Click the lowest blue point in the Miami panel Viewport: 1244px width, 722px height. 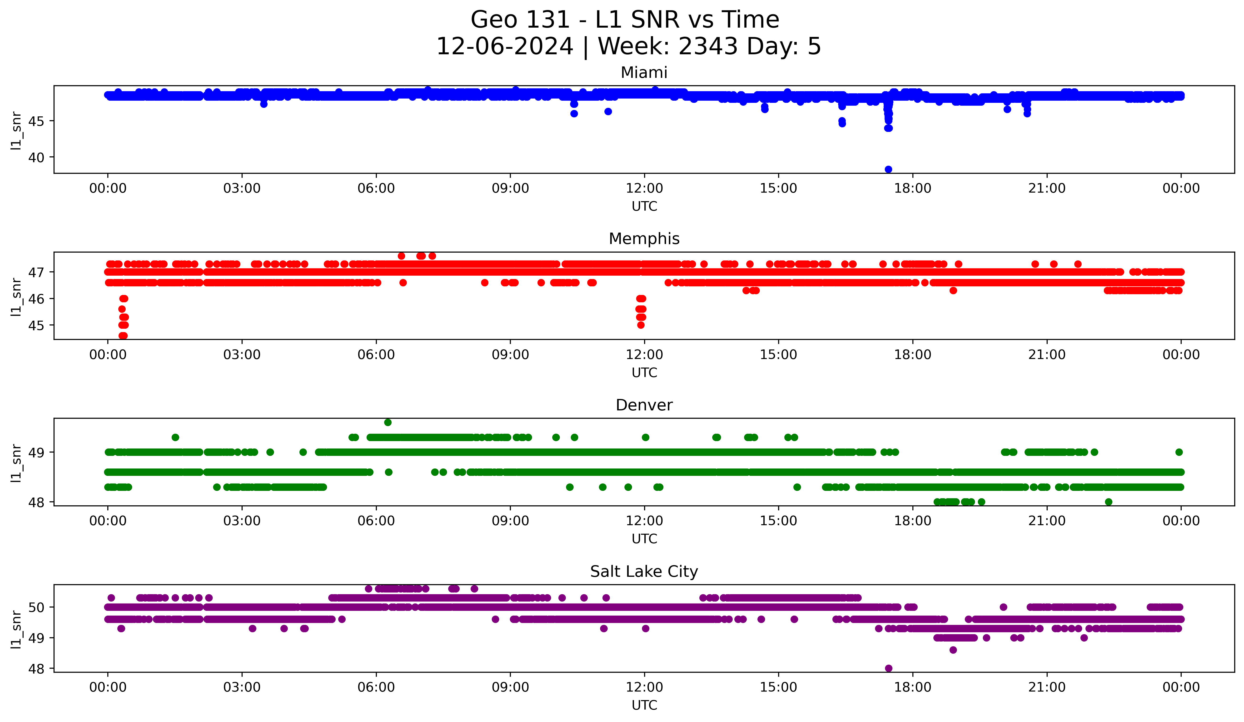pos(888,169)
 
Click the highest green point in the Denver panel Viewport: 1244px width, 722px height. pos(388,423)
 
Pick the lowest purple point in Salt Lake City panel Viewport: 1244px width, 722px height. pos(889,668)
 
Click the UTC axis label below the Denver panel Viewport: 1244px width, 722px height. pos(644,539)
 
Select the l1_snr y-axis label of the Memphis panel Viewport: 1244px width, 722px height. pos(16,297)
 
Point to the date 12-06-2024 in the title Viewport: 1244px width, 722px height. pos(504,46)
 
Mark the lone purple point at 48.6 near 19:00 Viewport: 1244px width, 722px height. pos(953,650)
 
